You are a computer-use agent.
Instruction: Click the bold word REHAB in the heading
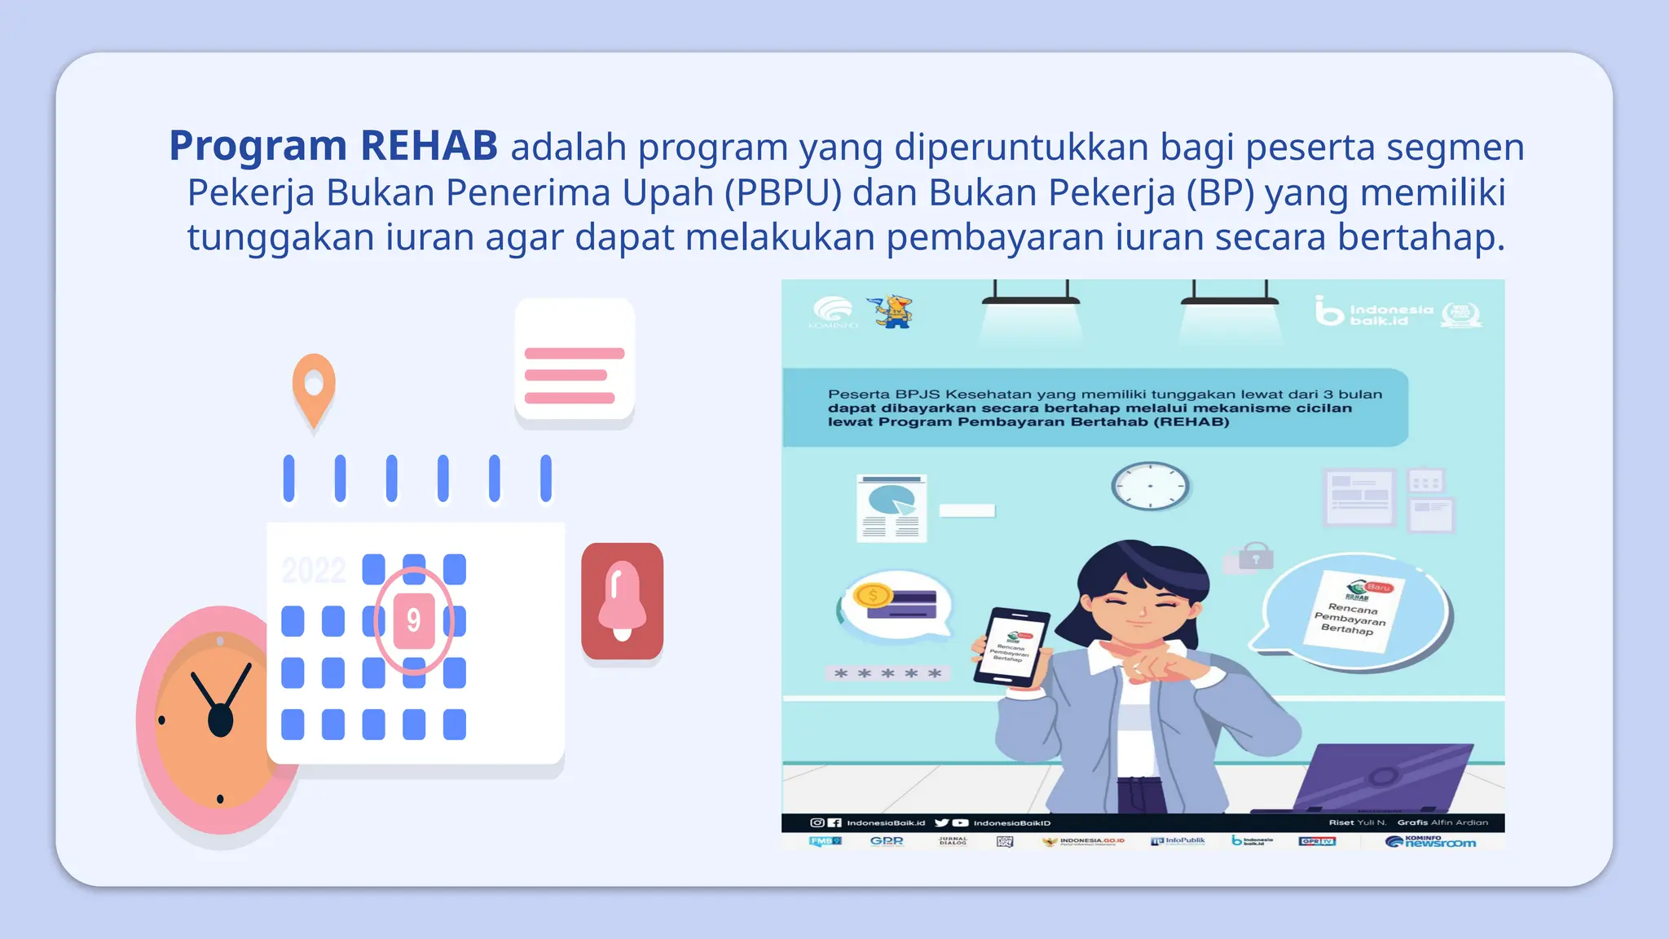point(429,146)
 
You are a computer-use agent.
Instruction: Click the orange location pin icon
point(314,386)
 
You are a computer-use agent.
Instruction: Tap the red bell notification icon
point(622,601)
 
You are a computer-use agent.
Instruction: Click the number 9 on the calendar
point(414,621)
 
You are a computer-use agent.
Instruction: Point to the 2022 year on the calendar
point(314,570)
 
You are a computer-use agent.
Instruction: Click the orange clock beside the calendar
point(214,717)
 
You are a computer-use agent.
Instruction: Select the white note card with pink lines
point(575,361)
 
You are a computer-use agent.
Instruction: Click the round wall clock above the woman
point(1150,486)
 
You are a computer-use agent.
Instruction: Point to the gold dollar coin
point(872,595)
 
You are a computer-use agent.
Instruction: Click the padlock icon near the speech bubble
point(1255,557)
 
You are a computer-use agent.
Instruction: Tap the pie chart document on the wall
point(892,507)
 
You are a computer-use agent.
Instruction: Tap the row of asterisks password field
point(887,673)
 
